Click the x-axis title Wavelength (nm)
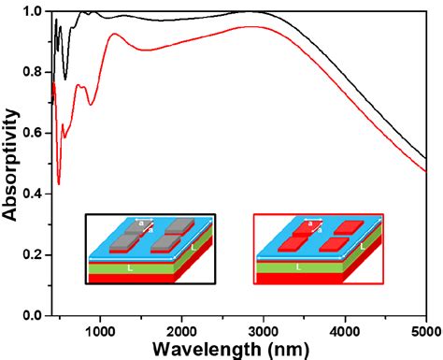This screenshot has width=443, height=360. pyautogui.click(x=239, y=349)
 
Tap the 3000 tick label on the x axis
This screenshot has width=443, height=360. pyautogui.click(x=264, y=329)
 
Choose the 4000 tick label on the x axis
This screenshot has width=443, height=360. pyautogui.click(x=345, y=329)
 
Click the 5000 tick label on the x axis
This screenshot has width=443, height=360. pyautogui.click(x=425, y=329)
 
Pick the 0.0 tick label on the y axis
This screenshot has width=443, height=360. pyautogui.click(x=34, y=316)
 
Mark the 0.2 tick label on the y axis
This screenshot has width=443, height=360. pyautogui.click(x=34, y=255)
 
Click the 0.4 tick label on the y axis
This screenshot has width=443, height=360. pyautogui.click(x=34, y=194)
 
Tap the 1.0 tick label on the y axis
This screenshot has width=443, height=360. pyautogui.click(x=34, y=12)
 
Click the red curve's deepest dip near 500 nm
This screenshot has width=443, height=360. pyautogui.click(x=59, y=184)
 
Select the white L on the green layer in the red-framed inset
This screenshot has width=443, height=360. pyautogui.click(x=298, y=267)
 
